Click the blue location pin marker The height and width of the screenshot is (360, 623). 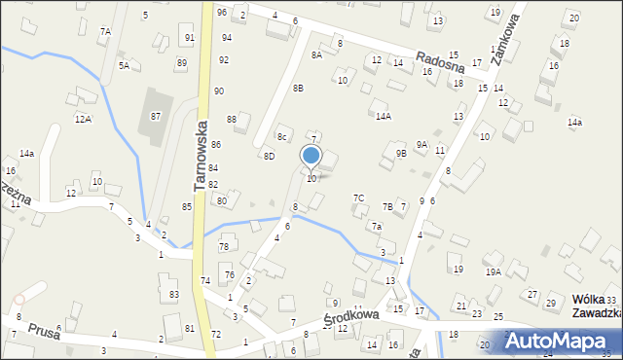click(311, 157)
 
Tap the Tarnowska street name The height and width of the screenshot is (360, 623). click(202, 156)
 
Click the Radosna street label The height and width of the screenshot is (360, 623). click(435, 61)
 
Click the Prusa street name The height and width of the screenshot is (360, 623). click(44, 331)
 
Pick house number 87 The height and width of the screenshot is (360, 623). click(156, 116)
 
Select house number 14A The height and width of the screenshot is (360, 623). click(384, 116)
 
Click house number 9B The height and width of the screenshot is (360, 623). click(401, 153)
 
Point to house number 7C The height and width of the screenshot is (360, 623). click(358, 198)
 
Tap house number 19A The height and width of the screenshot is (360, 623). click(494, 272)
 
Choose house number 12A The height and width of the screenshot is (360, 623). click(83, 119)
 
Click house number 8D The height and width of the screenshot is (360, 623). click(269, 156)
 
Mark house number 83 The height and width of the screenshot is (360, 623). click(173, 294)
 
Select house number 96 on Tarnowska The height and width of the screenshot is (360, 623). click(222, 12)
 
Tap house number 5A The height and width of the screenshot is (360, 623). click(124, 65)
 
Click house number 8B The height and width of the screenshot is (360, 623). click(298, 89)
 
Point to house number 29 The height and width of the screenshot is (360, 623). click(550, 305)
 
